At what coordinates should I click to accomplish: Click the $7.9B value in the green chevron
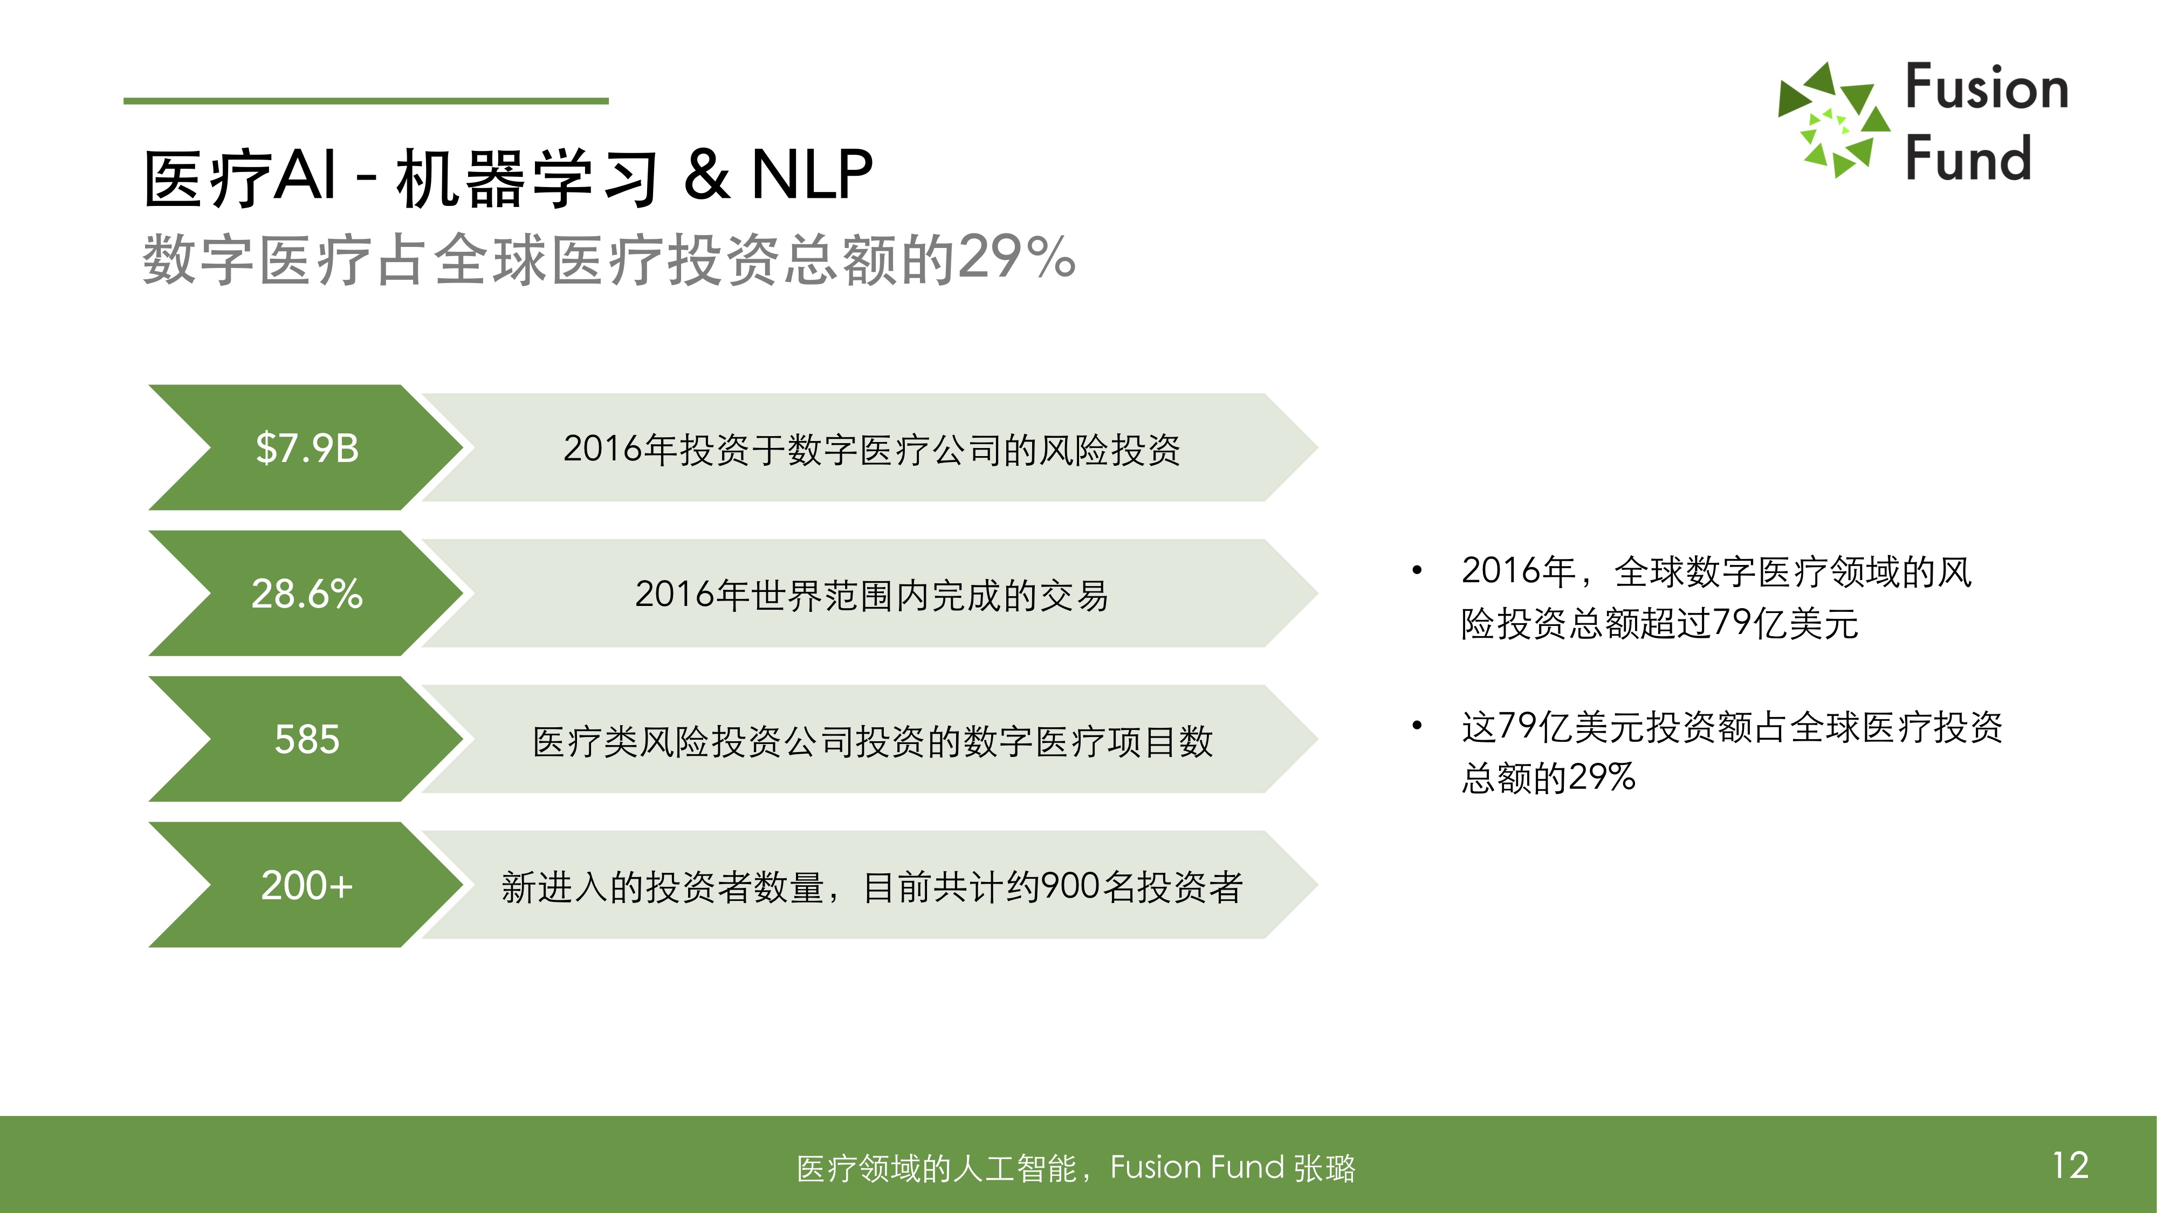(x=307, y=448)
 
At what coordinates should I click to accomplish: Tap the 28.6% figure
(x=307, y=594)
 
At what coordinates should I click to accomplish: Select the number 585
(x=307, y=739)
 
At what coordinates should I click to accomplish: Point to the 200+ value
(x=307, y=885)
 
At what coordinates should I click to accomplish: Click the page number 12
(x=2071, y=1165)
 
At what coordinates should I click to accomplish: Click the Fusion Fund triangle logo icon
(x=1834, y=120)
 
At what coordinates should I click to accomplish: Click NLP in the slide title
(x=812, y=175)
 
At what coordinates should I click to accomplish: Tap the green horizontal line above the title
(x=366, y=101)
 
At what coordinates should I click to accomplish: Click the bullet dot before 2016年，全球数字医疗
(x=1417, y=571)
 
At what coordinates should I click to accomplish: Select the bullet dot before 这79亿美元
(x=1417, y=726)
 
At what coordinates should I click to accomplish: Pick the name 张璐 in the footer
(x=1325, y=1168)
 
